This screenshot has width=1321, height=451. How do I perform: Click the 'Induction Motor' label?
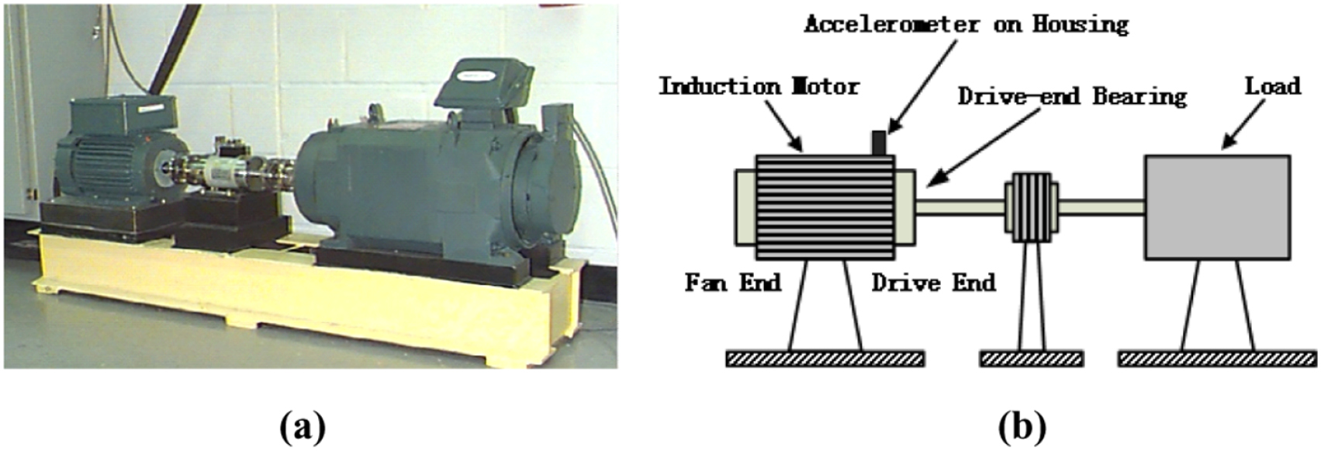759,85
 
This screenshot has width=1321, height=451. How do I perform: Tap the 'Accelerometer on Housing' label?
966,24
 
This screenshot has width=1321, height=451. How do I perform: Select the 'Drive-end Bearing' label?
1072,96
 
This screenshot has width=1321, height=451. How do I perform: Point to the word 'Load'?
1272,85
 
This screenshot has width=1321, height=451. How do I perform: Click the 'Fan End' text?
732,282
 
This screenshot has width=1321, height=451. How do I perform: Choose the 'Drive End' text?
933,282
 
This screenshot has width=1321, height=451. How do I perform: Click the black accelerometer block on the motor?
879,143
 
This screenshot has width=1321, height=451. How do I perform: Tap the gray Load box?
1217,206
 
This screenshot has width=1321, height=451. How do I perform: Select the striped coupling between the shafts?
1031,207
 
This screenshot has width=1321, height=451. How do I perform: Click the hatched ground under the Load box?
1217,358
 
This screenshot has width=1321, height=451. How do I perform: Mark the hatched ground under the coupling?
1032,358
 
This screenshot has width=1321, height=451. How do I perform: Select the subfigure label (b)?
1023,426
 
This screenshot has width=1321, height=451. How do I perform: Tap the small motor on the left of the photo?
116,159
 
